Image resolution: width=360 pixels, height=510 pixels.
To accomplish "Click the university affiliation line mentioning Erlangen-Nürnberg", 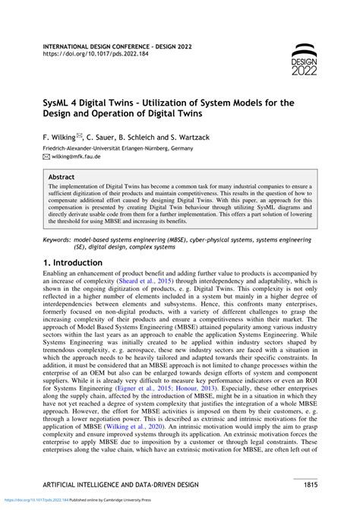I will tap(117, 147).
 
